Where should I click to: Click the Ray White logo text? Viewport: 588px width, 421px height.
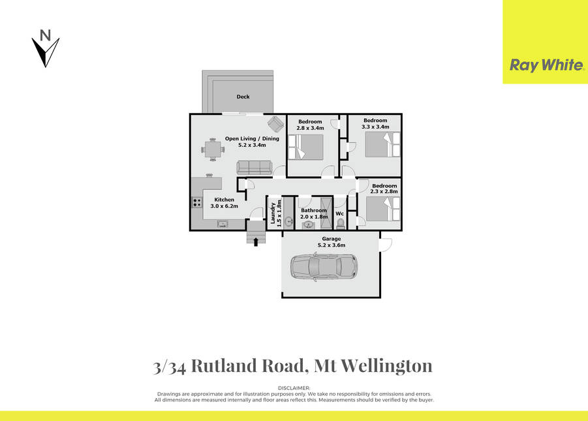(547, 65)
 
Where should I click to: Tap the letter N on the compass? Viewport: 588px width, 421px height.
(46, 35)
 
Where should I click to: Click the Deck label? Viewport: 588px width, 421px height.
(243, 97)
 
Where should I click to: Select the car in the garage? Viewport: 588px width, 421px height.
(324, 268)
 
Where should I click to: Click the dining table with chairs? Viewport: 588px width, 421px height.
(213, 149)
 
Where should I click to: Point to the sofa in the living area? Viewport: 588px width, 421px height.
(255, 167)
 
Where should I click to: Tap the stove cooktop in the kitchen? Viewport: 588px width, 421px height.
(196, 202)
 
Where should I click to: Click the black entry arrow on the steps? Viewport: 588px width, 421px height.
(256, 242)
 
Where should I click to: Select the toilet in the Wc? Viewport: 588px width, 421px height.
(340, 224)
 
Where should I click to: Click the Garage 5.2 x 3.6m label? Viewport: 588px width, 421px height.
(332, 242)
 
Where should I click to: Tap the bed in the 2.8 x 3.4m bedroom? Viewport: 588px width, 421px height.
(305, 147)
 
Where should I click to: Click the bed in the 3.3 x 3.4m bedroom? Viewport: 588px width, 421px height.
(382, 144)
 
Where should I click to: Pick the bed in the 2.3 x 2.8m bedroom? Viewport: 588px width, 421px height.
(383, 209)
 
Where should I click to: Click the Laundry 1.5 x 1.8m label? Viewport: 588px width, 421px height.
(276, 213)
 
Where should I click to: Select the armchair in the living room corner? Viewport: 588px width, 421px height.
(275, 124)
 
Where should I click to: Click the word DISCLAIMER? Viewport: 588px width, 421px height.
(294, 388)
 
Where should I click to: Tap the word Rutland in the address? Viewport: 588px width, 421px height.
(224, 366)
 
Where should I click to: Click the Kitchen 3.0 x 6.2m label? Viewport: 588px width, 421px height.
(224, 203)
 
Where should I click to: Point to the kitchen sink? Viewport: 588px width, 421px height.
(223, 225)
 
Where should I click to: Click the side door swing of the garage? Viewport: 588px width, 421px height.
(386, 245)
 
